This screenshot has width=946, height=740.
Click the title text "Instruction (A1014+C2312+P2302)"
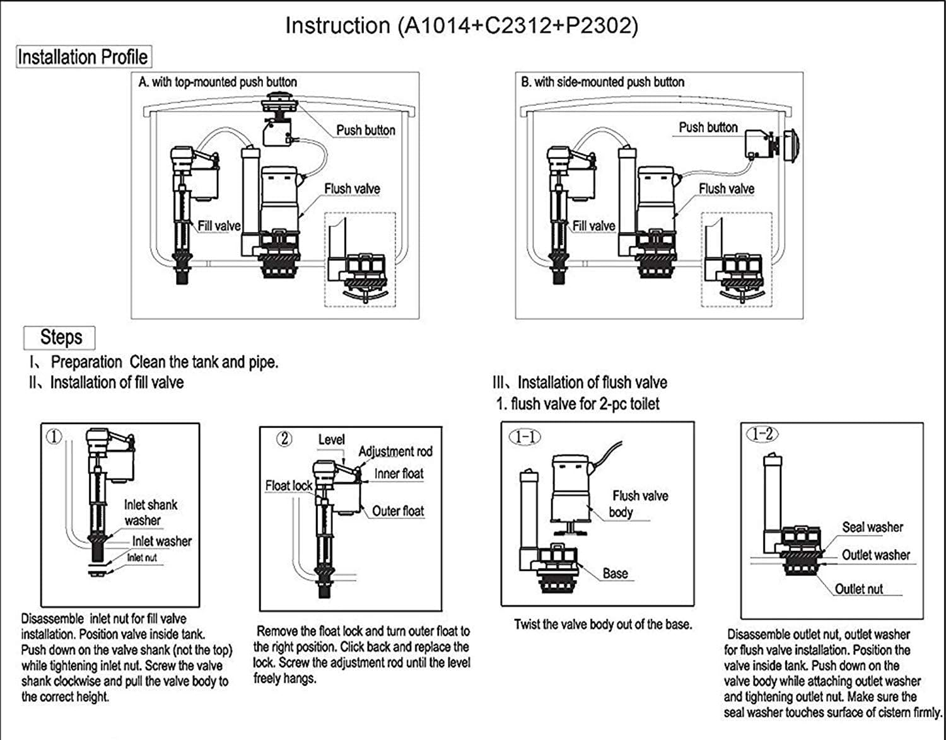tap(462, 26)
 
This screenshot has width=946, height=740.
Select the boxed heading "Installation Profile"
tap(83, 57)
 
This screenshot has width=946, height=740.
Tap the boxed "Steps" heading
tap(61, 337)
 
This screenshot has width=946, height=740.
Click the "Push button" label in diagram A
tap(365, 130)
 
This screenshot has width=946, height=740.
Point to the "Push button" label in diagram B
tap(708, 127)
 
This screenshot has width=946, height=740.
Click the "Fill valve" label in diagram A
tap(219, 226)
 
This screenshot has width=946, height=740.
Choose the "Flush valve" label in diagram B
tap(726, 188)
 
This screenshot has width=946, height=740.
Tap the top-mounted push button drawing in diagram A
tap(279, 105)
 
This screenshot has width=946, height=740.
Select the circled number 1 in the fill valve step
tap(55, 436)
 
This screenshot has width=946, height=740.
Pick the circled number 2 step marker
tap(284, 439)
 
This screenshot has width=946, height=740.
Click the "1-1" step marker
tap(525, 436)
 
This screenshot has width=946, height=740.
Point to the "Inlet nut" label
tap(142, 558)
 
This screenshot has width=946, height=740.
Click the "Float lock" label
tap(288, 486)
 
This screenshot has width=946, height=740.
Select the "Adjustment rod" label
tap(395, 451)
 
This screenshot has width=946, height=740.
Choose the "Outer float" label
tap(398, 511)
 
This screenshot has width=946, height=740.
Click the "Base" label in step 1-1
tap(615, 574)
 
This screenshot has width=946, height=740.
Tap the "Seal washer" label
tap(872, 527)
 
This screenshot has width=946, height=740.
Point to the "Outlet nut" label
tap(858, 589)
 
